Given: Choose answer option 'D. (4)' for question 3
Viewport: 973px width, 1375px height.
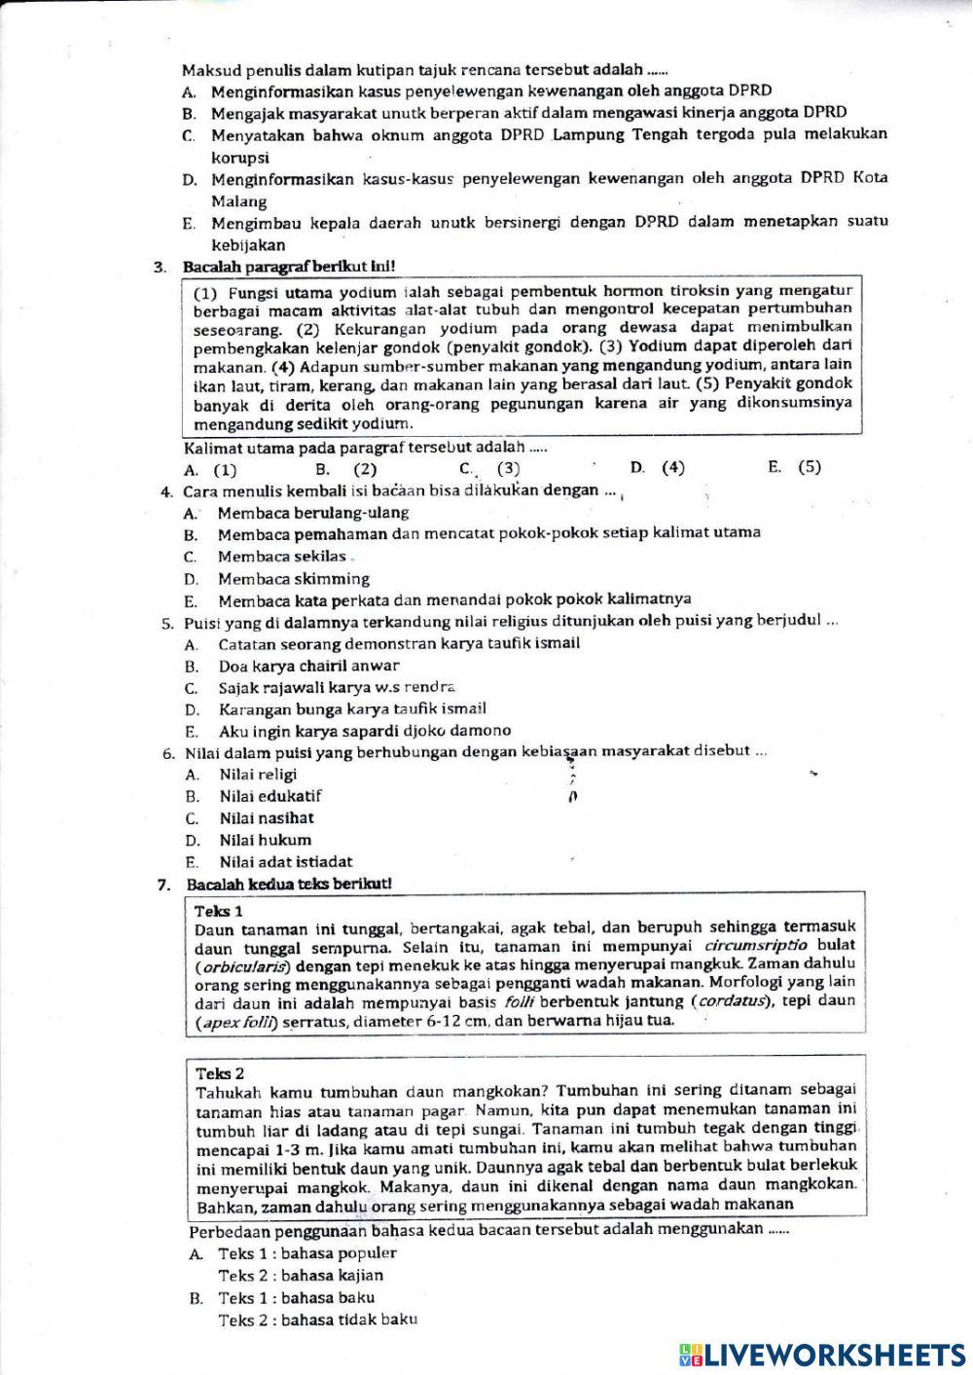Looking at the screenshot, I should tap(658, 467).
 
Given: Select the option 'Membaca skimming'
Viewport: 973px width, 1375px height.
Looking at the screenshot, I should tap(293, 579).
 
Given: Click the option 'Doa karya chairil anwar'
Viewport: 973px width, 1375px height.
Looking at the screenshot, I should tap(308, 667).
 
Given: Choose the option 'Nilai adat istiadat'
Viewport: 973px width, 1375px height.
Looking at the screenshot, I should tap(285, 861).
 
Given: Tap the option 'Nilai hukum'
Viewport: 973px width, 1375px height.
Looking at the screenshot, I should tap(265, 840).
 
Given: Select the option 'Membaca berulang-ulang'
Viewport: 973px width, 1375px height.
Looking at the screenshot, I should tap(312, 513).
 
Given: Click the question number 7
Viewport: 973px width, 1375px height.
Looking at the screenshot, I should tap(163, 886).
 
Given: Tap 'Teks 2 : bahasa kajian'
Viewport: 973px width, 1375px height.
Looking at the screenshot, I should tap(301, 1275).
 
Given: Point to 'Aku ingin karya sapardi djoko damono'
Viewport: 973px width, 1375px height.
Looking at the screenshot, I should tap(364, 731).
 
